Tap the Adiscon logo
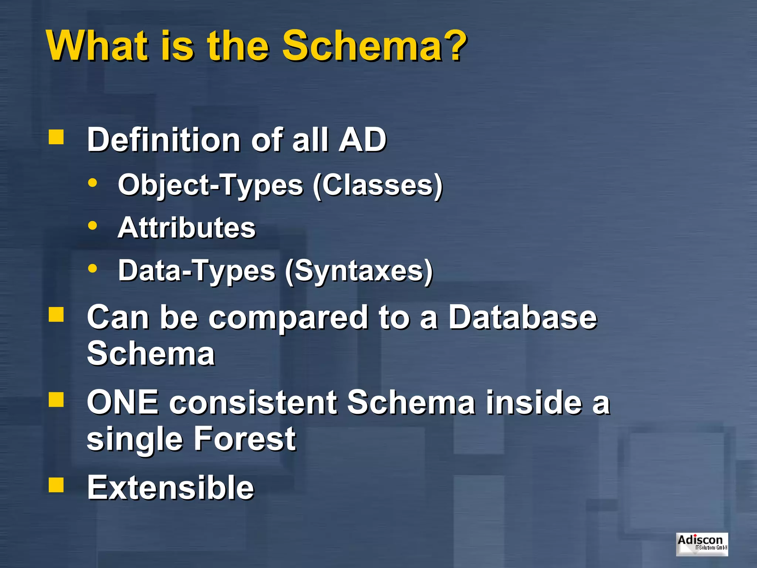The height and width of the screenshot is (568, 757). coord(702,544)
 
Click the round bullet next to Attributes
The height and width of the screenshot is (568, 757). coord(93,225)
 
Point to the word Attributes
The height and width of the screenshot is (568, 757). coord(187,227)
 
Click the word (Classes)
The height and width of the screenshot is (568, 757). coord(377,185)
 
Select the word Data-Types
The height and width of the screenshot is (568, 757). coord(197,271)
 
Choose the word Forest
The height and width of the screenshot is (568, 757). coord(245,439)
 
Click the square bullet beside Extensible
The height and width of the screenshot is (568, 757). coord(56,484)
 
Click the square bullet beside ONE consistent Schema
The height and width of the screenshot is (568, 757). coord(56,399)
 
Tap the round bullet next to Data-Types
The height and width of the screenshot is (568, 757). coord(93,268)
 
